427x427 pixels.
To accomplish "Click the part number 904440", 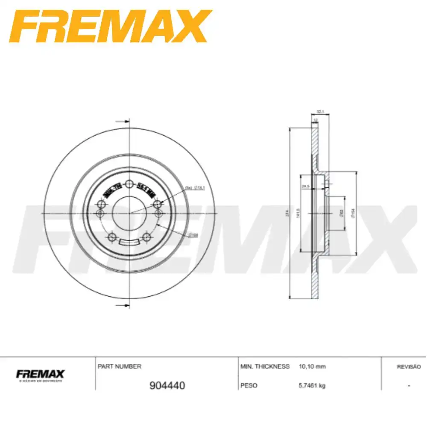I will click(167, 386).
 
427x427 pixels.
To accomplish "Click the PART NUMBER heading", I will click(120, 366).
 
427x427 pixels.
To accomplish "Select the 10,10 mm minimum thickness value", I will click(313, 366).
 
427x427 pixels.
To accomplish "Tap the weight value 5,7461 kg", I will click(312, 386).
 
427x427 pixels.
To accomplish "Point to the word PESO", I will click(249, 386).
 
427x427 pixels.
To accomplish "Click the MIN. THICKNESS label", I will click(265, 366).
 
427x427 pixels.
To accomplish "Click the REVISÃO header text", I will click(409, 367).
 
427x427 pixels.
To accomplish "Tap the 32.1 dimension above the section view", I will click(319, 112).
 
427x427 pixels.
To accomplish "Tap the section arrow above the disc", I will click(123, 122).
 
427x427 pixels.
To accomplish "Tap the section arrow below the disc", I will click(123, 305).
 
